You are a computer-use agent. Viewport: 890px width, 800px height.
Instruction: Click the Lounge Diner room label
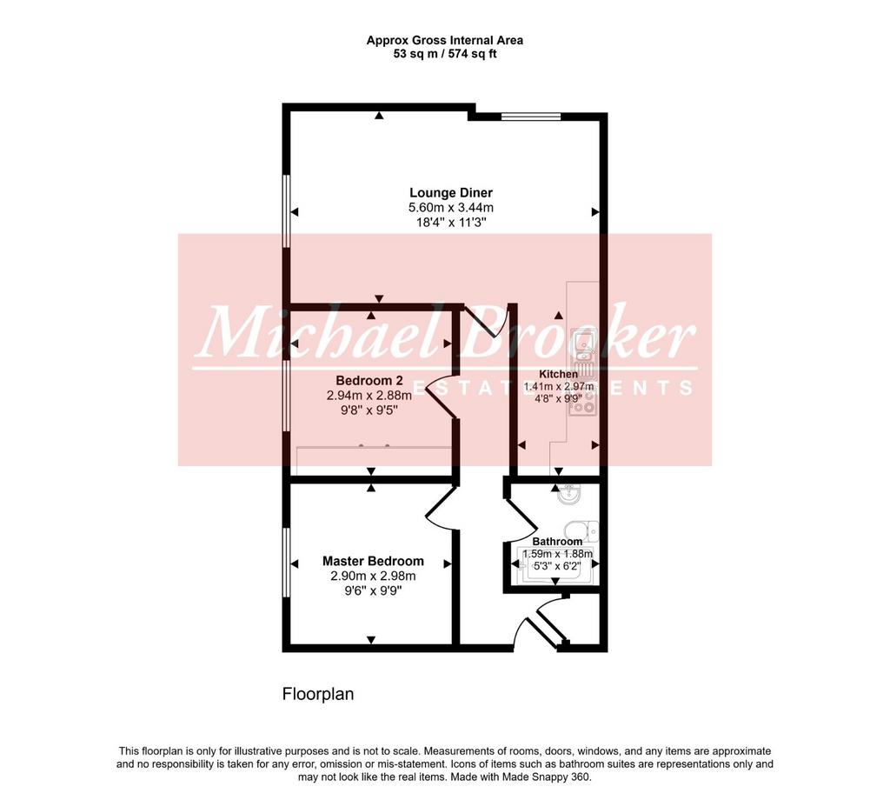pos(451,193)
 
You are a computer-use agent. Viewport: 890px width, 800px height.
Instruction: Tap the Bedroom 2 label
pos(364,380)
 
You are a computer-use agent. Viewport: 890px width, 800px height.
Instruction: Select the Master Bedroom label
pos(373,561)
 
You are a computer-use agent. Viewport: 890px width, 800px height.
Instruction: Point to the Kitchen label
pos(558,374)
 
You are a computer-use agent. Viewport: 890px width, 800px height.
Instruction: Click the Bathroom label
pos(557,542)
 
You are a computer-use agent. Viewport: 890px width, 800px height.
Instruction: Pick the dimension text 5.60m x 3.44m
pos(451,208)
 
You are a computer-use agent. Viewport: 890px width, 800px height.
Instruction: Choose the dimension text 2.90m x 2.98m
pos(373,577)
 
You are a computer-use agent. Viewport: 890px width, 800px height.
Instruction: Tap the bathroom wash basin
pos(568,495)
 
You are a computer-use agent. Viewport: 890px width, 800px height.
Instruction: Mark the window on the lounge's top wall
pos(531,117)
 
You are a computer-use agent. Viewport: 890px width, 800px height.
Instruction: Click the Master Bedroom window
pos(286,563)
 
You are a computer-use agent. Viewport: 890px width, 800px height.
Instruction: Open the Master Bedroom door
pos(441,509)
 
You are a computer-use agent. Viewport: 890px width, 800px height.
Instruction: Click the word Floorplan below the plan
pos(318,694)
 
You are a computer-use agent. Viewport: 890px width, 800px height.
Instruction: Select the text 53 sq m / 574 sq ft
pos(445,55)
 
